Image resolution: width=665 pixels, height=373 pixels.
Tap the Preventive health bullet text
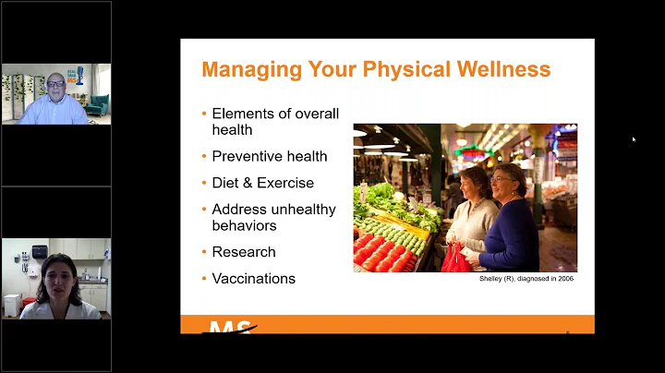tap(270, 156)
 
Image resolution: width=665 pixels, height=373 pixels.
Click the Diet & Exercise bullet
tap(263, 183)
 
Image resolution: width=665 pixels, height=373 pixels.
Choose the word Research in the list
tap(244, 251)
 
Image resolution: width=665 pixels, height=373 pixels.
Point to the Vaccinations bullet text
tap(254, 278)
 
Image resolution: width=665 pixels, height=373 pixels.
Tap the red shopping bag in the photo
tap(455, 259)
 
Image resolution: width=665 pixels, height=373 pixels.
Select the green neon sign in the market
tap(473, 151)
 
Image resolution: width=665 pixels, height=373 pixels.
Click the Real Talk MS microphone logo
tap(81, 78)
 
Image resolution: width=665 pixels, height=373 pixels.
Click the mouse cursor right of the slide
tap(634, 139)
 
